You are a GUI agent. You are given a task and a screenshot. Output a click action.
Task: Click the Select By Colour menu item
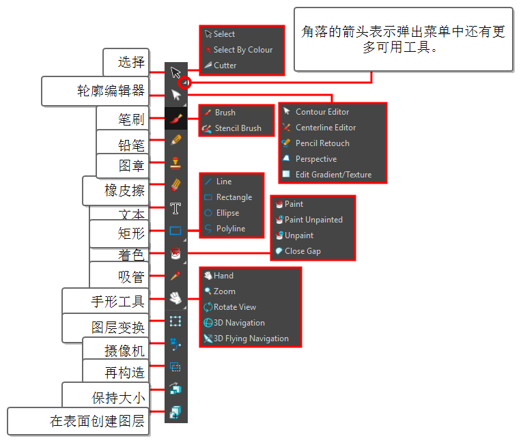tap(242, 50)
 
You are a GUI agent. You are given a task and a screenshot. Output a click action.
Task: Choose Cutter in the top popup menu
tap(225, 66)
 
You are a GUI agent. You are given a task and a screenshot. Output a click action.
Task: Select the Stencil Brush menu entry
tap(238, 128)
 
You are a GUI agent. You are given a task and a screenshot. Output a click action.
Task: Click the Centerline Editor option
tap(325, 128)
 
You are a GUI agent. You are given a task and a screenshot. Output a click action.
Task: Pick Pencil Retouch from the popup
tap(322, 143)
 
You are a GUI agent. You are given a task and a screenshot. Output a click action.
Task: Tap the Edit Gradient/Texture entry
tap(333, 175)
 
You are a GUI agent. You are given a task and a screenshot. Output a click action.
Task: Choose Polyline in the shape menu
tap(231, 229)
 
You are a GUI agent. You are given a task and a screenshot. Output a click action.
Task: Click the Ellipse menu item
tap(227, 213)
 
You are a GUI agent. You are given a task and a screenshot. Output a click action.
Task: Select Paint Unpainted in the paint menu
tap(313, 220)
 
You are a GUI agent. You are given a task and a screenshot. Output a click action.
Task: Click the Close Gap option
tap(302, 251)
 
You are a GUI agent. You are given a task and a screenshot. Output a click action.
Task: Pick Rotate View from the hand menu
tap(234, 307)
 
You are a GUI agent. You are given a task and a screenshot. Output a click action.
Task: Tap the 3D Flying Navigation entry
tap(251, 339)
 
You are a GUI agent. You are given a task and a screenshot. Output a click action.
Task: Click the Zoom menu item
tap(224, 291)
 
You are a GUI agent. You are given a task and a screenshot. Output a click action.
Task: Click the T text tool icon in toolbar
tap(176, 208)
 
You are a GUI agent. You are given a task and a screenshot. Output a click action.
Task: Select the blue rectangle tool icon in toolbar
tap(176, 231)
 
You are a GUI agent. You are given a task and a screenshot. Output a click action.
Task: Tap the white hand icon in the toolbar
tap(176, 298)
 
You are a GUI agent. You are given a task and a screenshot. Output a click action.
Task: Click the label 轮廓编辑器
tap(111, 91)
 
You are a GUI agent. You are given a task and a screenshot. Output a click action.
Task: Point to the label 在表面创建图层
tap(98, 421)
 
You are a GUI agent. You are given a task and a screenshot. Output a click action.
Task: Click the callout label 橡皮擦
tap(124, 191)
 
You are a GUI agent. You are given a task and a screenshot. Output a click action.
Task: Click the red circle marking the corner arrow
tap(184, 83)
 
